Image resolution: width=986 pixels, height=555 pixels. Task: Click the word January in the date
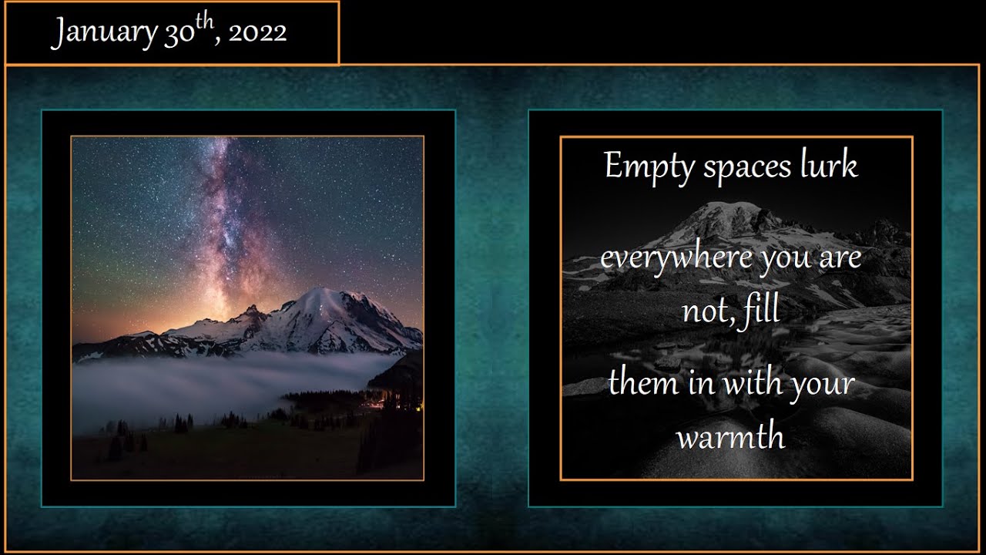click(103, 32)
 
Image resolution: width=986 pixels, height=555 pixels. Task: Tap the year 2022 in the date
click(257, 32)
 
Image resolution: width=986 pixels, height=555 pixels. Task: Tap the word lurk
click(829, 165)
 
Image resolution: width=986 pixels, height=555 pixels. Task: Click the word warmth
click(730, 436)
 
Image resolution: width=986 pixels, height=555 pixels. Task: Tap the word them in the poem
click(643, 383)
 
